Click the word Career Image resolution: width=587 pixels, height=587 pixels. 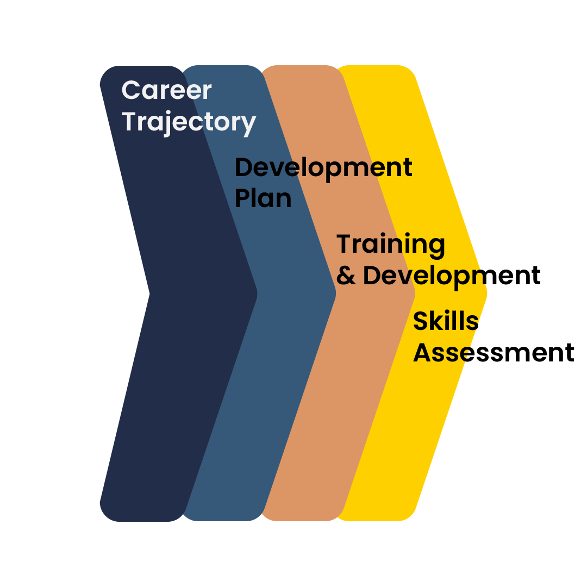click(x=166, y=90)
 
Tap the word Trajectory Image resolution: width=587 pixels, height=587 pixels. click(x=189, y=122)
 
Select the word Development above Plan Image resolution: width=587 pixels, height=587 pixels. click(x=323, y=168)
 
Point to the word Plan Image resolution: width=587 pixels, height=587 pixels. click(x=263, y=198)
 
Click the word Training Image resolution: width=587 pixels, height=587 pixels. click(x=391, y=245)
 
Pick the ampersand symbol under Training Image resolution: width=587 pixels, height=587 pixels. click(x=346, y=276)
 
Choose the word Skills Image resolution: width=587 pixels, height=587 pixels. click(x=445, y=321)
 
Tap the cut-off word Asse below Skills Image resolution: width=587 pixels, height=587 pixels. click(x=441, y=353)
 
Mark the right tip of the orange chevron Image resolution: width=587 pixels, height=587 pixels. click(x=415, y=293)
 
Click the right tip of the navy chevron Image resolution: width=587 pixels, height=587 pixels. click(x=257, y=293)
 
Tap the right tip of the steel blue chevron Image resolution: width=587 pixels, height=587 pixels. click(x=335, y=293)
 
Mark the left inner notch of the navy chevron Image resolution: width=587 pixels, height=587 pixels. click(x=150, y=293)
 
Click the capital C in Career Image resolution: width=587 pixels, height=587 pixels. click(x=130, y=90)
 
